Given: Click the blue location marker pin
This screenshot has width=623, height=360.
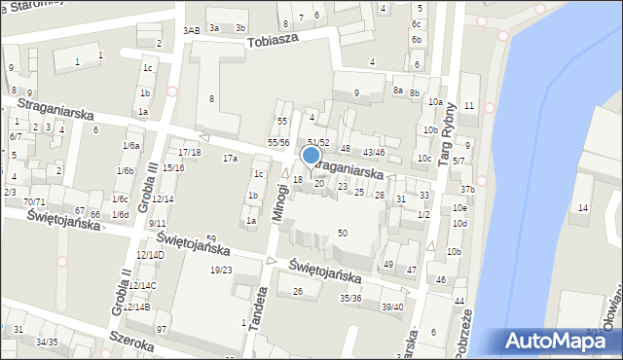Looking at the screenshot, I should [311, 156].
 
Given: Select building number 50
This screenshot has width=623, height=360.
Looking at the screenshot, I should [342, 233].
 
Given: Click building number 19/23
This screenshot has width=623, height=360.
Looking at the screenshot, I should [221, 270].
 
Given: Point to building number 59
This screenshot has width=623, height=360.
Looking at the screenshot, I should [210, 238].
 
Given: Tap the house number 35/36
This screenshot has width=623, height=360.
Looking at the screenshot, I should [350, 298].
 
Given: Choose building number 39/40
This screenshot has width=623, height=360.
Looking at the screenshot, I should [391, 306].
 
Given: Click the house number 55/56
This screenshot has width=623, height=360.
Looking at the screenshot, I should [279, 142].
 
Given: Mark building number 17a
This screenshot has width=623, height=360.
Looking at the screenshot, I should [230, 158].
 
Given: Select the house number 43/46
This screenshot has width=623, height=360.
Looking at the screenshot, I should [374, 152].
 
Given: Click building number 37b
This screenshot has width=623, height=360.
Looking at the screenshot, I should [467, 189].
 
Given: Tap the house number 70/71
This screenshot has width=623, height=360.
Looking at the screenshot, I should [34, 201].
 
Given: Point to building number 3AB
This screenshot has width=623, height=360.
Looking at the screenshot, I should [191, 30].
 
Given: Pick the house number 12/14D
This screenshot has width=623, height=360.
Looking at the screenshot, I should [150, 254].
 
